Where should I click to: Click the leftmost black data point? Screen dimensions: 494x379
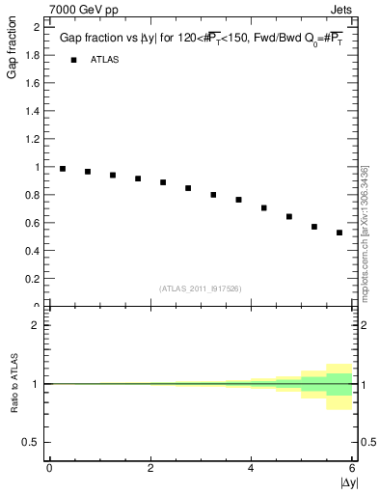tap(63, 169)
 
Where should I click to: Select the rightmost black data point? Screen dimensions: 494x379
tap(339, 233)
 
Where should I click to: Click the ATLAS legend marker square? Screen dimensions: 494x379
tap(73, 60)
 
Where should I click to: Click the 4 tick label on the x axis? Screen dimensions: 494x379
tap(252, 469)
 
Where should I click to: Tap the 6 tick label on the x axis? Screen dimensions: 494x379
tap(353, 469)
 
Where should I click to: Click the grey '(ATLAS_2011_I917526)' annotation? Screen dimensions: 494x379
tap(200, 288)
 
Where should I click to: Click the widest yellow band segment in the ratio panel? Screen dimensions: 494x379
tap(339, 387)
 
